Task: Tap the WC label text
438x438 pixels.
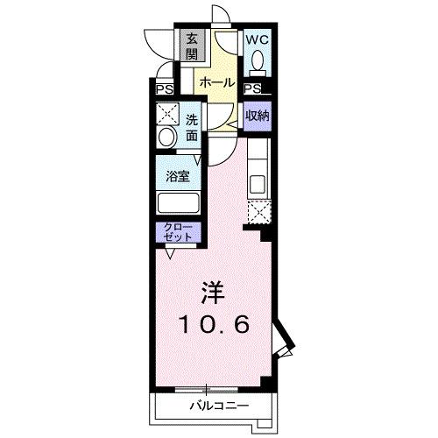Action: click(256, 40)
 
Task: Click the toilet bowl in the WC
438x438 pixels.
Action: click(257, 61)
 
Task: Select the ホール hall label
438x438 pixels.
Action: click(216, 82)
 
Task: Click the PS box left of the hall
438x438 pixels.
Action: click(164, 88)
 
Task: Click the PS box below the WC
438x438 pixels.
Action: click(252, 88)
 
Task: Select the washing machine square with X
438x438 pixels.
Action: click(166, 115)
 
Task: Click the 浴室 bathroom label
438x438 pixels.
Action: click(179, 175)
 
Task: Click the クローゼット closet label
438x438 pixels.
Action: click(177, 233)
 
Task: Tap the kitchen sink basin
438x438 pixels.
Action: click(258, 184)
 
